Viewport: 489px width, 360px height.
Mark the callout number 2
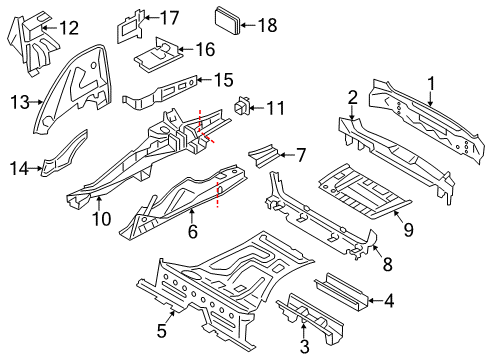[x=352, y=96]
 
